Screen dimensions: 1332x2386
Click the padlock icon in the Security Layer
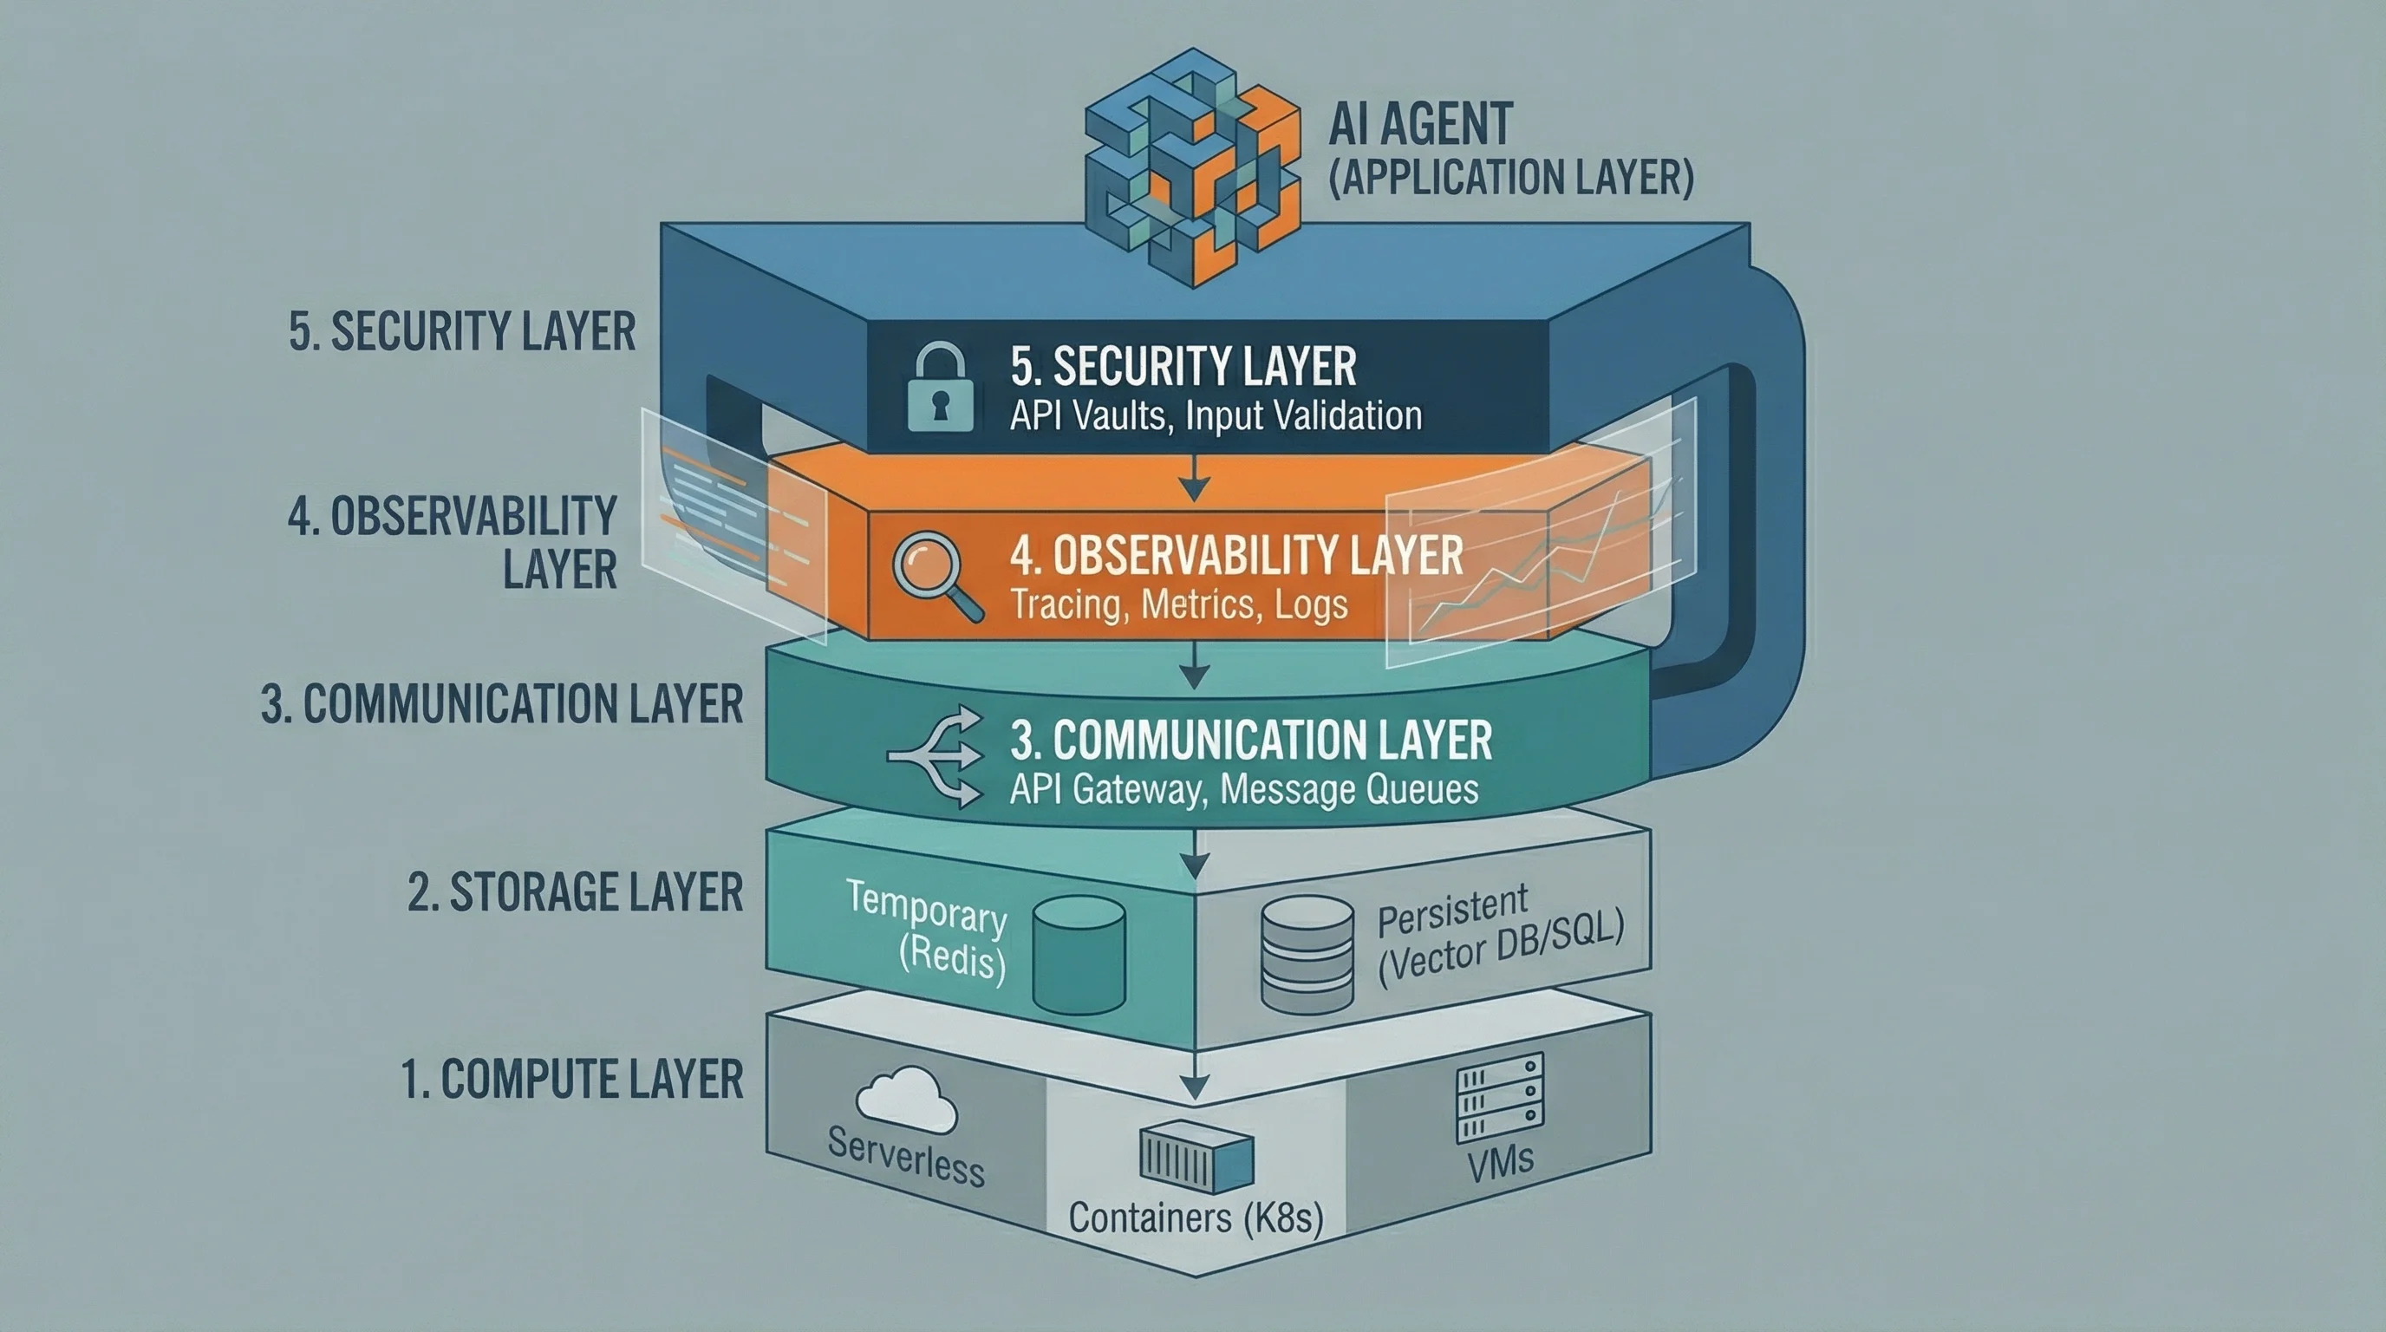point(940,388)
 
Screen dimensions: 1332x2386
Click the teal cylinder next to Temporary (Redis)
point(1079,954)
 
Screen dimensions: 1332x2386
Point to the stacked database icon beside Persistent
point(1307,954)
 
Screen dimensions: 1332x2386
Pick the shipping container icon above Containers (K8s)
point(1196,1155)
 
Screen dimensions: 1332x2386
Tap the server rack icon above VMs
point(1500,1098)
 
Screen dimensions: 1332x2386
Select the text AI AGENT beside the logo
point(1420,124)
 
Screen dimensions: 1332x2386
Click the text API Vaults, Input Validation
point(1216,416)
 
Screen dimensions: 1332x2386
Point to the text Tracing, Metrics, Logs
point(1178,605)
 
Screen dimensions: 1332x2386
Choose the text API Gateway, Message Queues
point(1243,789)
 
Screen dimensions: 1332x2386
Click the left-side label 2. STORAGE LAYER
point(575,892)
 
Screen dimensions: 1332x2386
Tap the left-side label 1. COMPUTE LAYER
point(572,1079)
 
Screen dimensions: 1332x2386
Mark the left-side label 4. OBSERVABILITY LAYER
point(452,542)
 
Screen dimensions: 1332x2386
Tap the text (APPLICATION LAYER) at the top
point(1509,177)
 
